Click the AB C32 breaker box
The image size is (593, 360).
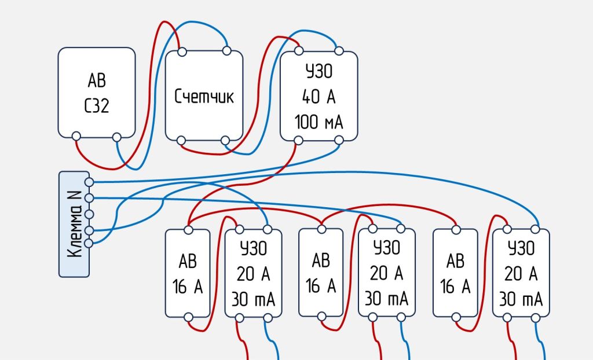pos(97,93)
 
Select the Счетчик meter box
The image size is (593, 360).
pos(204,95)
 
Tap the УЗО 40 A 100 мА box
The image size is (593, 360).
pos(319,95)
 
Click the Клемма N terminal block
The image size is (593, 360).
pos(74,223)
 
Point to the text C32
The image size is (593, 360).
pos(97,106)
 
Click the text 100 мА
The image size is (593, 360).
pos(319,123)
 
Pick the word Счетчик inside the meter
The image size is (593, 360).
pos(204,96)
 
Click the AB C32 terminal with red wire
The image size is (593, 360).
pos(76,137)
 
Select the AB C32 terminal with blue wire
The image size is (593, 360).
pos(117,137)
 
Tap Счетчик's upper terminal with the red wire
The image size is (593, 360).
pos(182,52)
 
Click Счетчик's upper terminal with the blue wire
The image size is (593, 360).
pos(226,52)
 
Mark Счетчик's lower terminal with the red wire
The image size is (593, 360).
pos(182,140)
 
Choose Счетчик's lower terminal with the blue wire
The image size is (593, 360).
pos(226,140)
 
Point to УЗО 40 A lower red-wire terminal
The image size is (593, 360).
pos(298,140)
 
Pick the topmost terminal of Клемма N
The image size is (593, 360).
pos(89,182)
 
